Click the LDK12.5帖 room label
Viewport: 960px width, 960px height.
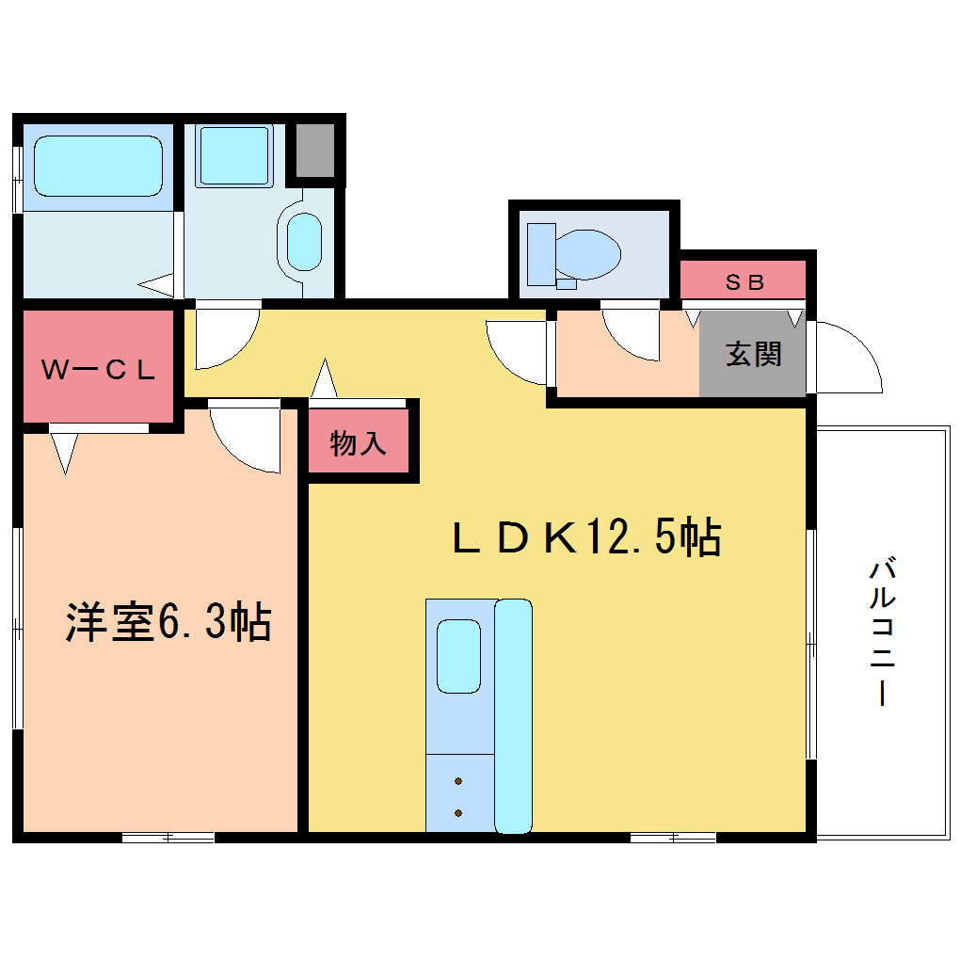click(x=586, y=536)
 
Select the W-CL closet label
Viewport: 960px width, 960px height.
click(x=98, y=369)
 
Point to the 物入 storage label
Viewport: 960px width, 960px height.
click(x=359, y=442)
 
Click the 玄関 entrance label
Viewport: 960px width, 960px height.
click(x=754, y=354)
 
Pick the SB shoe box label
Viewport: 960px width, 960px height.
click(x=744, y=281)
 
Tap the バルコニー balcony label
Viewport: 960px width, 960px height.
click(x=882, y=632)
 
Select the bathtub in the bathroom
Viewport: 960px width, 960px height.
click(x=98, y=166)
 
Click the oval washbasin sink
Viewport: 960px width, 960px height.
click(x=304, y=242)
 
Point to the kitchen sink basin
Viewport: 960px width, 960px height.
click(x=458, y=656)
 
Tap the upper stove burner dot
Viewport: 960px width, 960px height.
click(x=458, y=781)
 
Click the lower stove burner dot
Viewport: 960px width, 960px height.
click(x=458, y=813)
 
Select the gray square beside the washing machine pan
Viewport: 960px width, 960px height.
click(x=316, y=151)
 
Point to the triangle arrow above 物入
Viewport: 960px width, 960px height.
click(x=324, y=378)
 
